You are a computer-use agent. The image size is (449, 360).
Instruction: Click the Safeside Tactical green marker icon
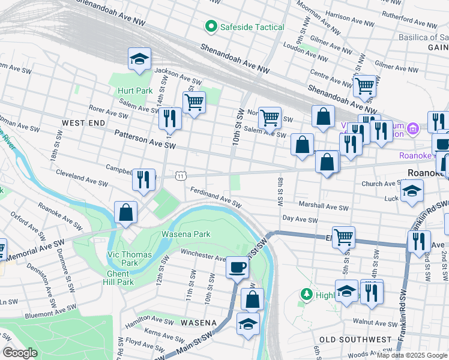click(211, 27)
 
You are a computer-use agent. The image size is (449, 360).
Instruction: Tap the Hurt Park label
click(134, 91)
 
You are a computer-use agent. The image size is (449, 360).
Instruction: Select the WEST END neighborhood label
click(83, 122)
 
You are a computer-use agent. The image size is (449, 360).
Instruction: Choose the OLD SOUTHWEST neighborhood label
click(355, 340)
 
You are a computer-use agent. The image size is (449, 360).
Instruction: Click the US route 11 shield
click(180, 176)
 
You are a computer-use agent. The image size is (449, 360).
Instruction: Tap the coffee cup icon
click(237, 266)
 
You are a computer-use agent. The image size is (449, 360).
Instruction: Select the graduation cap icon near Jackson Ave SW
click(139, 59)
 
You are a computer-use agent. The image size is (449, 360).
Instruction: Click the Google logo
click(20, 353)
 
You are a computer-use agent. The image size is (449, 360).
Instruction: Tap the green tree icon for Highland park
click(306, 294)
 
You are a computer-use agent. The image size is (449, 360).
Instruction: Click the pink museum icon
click(412, 128)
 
